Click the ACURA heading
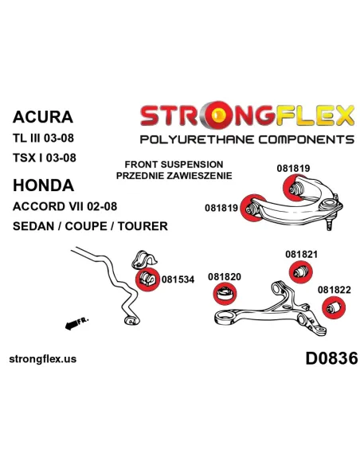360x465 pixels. coord(43,117)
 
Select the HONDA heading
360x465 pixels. coord(43,186)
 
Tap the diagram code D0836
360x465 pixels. coord(331,358)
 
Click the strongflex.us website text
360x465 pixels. coord(43,359)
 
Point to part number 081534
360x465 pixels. coord(178,279)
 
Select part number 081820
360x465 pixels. coord(225,276)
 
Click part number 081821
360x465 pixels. coord(301,254)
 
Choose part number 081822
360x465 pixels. coord(335,290)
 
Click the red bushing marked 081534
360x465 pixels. coord(147,279)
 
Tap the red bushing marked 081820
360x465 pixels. coord(225,294)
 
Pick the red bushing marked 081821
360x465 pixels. coord(301,272)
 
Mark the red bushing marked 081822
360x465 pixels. coord(334,307)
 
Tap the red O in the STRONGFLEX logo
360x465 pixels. coord(217,115)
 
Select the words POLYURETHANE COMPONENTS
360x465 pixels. coord(247,139)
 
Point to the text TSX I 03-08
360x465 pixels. coord(45,158)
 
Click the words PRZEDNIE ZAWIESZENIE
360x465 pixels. coord(174,175)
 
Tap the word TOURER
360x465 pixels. coord(143,226)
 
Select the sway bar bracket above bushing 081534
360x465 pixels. coord(143,260)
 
